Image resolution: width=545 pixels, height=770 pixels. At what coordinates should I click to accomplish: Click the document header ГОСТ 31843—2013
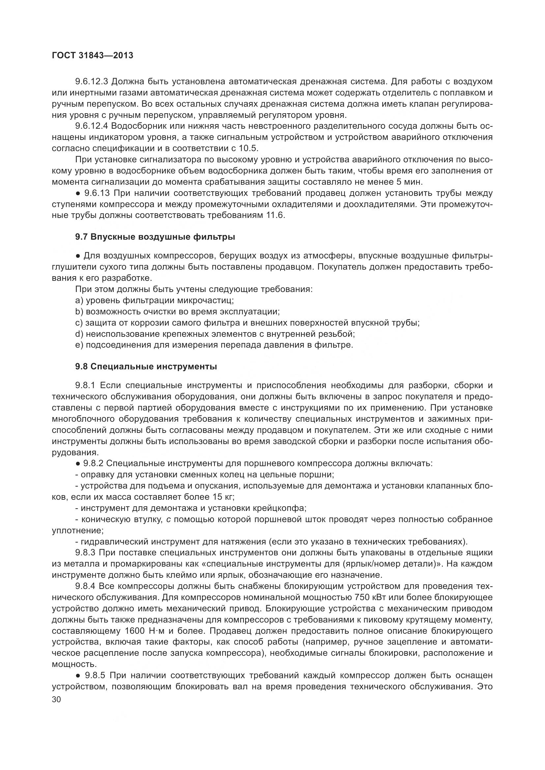pyautogui.click(x=93, y=56)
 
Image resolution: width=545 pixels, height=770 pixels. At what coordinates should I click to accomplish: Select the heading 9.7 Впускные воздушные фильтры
pyautogui.click(x=155, y=237)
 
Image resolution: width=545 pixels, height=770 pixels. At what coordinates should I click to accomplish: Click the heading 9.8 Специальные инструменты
pyautogui.click(x=146, y=367)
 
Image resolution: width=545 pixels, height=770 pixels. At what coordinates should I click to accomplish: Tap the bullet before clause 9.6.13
pyautogui.click(x=78, y=194)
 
